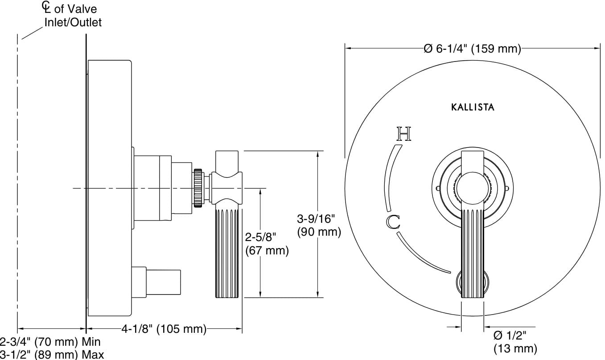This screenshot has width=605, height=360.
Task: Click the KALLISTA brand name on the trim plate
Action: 473,107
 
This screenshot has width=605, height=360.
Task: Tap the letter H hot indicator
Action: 403,134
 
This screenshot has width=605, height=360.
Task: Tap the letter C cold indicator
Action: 392,221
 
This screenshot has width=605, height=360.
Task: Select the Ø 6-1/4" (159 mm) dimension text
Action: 472,49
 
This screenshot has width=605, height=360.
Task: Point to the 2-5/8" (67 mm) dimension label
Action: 267,243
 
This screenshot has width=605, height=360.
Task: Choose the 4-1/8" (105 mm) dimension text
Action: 164,329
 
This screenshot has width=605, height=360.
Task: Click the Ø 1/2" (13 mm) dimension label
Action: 514,341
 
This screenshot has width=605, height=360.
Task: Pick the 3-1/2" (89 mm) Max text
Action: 52,355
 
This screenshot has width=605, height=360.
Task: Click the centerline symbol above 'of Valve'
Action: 45,6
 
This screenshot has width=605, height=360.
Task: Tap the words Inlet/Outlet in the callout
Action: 73,22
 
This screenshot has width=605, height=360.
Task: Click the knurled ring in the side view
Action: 198,188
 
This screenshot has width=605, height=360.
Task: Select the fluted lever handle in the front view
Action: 472,250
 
